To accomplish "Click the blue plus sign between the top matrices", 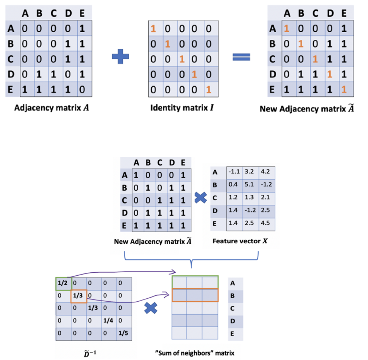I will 120,57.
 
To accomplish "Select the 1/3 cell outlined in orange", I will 78,296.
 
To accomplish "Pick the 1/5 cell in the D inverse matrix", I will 123,333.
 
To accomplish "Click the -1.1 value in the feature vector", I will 233,172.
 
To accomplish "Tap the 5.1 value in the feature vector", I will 249,184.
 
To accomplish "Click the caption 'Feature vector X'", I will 240,241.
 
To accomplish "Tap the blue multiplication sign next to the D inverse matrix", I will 151,308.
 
